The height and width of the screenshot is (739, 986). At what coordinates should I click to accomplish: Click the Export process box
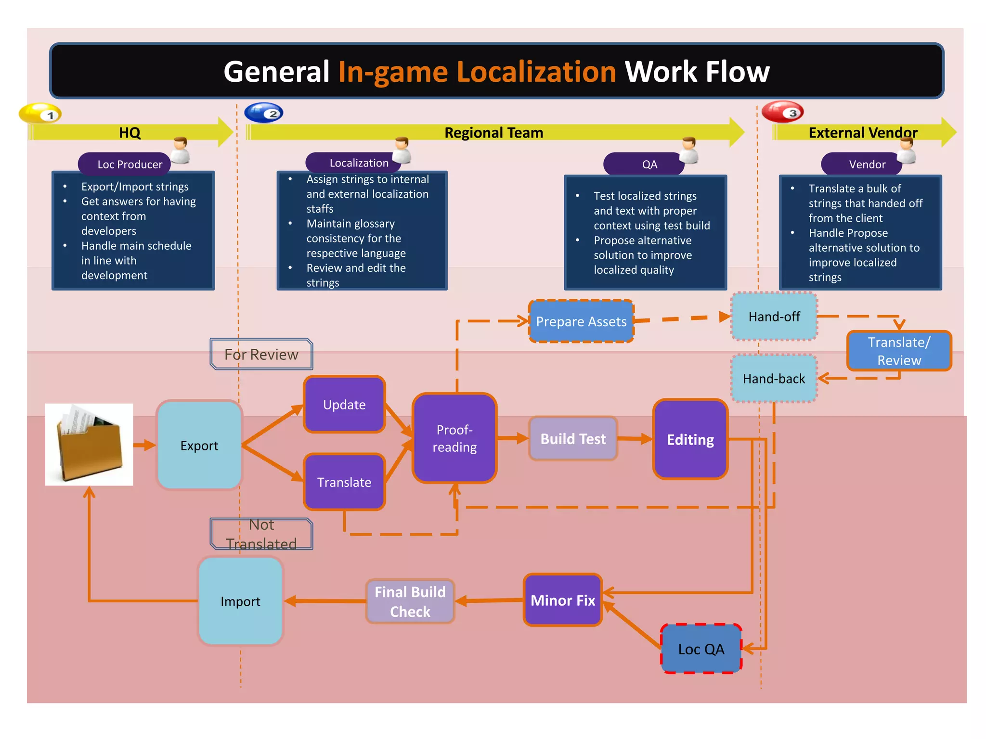(x=199, y=445)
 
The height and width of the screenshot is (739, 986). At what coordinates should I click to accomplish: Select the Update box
(x=344, y=404)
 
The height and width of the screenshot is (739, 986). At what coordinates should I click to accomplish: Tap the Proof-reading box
(x=454, y=438)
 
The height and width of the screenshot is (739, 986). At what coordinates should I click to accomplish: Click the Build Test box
(x=572, y=438)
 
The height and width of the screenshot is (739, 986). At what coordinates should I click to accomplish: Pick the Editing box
(x=690, y=439)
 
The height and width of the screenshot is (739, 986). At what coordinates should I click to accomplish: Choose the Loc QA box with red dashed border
(x=701, y=649)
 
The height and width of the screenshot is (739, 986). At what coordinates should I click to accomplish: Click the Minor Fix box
(x=562, y=600)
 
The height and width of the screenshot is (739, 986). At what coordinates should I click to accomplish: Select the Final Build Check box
(x=410, y=601)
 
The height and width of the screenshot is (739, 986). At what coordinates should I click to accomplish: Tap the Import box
(x=240, y=601)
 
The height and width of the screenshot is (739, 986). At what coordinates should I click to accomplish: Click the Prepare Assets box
(x=581, y=321)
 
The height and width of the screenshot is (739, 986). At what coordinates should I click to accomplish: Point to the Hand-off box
(x=774, y=316)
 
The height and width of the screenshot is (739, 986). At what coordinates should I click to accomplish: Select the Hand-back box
(x=773, y=378)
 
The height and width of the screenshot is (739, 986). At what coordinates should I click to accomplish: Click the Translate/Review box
(x=898, y=351)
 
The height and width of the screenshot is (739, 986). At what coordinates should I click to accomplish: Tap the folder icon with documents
(x=89, y=444)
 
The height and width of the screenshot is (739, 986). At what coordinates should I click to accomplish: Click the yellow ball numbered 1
(x=40, y=114)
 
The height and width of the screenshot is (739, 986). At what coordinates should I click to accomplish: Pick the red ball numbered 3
(x=782, y=112)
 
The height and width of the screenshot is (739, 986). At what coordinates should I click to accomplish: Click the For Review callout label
(x=261, y=354)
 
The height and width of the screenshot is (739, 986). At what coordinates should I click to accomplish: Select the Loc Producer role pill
(x=125, y=164)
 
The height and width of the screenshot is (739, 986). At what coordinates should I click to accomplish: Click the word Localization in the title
(x=536, y=72)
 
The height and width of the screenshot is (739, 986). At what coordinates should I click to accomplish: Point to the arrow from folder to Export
(x=144, y=445)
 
